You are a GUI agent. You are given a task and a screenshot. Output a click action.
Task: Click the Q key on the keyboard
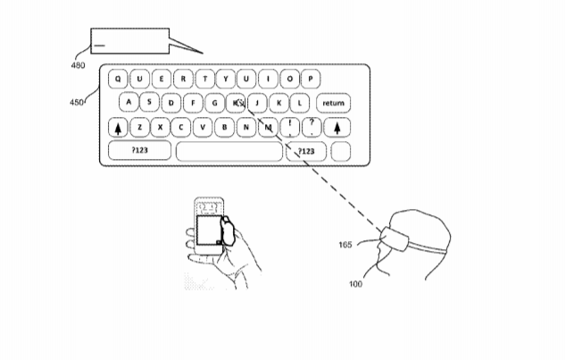[118, 79]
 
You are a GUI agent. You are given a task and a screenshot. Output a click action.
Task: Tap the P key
[311, 79]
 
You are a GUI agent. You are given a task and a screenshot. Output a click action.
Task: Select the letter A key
[129, 102]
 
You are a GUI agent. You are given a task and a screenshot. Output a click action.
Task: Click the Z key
[139, 128]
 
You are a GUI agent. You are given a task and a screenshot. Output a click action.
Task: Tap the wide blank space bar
[229, 151]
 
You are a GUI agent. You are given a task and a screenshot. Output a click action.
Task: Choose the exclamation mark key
[290, 128]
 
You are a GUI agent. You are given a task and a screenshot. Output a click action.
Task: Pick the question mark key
[312, 128]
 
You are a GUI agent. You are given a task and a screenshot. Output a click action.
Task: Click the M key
[268, 128]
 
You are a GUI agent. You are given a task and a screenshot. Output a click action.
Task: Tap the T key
[204, 79]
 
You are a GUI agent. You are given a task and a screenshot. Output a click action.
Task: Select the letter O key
[290, 79]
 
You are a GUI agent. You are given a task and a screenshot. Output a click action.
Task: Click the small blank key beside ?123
[340, 151]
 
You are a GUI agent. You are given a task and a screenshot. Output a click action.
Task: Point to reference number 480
[78, 65]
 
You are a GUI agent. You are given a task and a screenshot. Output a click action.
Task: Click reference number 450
[77, 103]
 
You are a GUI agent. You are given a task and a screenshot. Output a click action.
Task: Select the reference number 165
[345, 245]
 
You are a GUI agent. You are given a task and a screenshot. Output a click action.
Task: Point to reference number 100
[355, 284]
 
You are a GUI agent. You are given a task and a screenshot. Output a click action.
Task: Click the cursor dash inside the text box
[99, 46]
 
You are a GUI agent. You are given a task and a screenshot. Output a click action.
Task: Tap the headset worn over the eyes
[395, 239]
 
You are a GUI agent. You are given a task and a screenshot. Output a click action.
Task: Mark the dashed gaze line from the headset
[311, 167]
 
